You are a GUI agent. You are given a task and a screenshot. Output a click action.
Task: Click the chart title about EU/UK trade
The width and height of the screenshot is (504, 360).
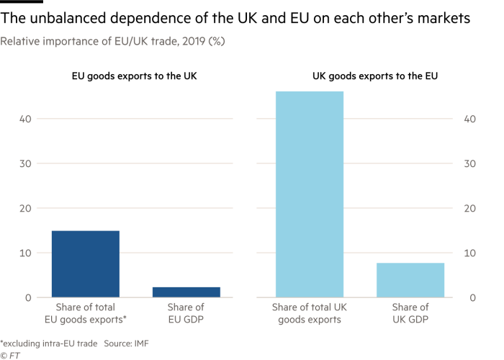coord(112,42)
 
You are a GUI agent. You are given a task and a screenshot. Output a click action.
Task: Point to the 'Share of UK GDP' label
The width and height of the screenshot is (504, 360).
coord(410,315)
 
